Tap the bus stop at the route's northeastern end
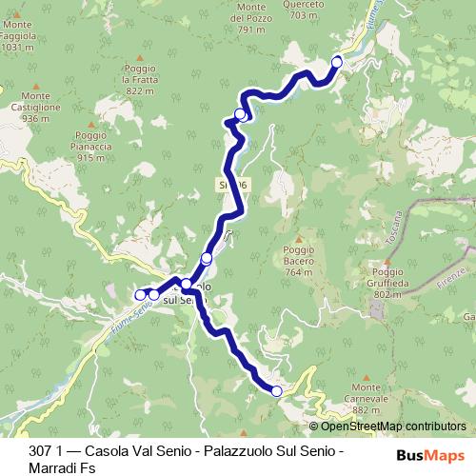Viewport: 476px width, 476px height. (336, 62)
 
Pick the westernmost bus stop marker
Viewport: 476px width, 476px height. (140, 294)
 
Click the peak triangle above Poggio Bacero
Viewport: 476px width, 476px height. (298, 239)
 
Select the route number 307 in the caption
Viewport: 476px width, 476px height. (41, 450)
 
